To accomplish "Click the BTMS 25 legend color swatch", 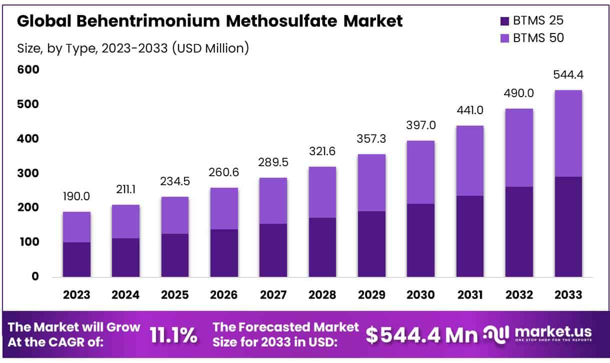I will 504,21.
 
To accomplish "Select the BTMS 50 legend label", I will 538,38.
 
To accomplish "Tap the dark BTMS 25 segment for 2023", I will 76,259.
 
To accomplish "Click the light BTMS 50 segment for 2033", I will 568,133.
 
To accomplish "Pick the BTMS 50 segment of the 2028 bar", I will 322,192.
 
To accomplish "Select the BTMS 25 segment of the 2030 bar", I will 420,240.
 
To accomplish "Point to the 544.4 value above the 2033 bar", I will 568,75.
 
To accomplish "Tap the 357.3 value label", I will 371,139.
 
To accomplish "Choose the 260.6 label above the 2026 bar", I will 223,173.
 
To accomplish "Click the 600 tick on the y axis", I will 28,70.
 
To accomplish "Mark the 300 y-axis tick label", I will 28,173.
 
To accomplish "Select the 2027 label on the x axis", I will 273,295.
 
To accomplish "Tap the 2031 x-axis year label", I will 469,295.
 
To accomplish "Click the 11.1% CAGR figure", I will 173,335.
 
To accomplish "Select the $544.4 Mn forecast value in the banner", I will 421,335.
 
